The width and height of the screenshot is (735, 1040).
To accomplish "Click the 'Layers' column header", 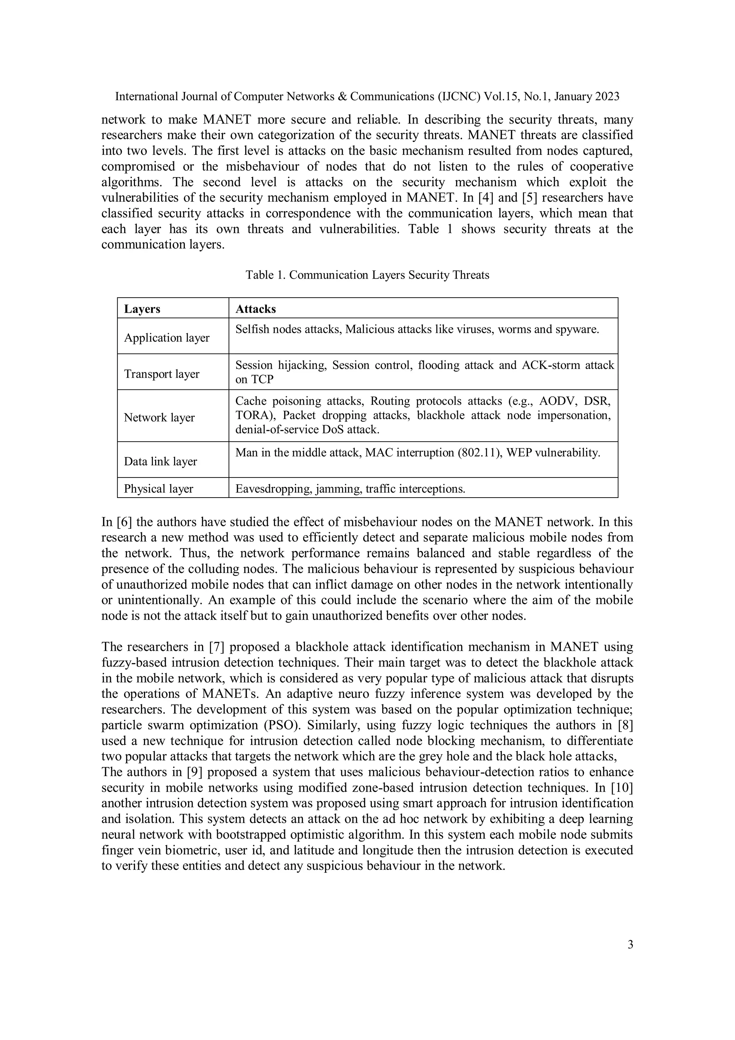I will click(x=142, y=309).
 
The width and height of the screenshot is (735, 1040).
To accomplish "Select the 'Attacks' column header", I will click(x=256, y=309).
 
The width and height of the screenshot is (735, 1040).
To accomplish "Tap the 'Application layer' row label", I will click(x=167, y=338).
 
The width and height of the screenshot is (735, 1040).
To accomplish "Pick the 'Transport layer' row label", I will click(x=161, y=374).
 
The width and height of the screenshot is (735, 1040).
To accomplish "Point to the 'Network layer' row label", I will click(x=159, y=418).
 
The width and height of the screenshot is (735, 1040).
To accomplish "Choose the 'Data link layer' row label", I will click(x=161, y=462).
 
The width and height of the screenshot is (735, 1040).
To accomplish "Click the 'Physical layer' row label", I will click(x=159, y=489).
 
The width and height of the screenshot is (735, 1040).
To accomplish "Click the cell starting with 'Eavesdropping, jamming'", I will click(x=350, y=489).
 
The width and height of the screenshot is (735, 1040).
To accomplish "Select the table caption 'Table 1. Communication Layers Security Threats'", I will click(x=367, y=275).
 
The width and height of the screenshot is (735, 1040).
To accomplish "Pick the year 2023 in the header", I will click(x=607, y=97).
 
